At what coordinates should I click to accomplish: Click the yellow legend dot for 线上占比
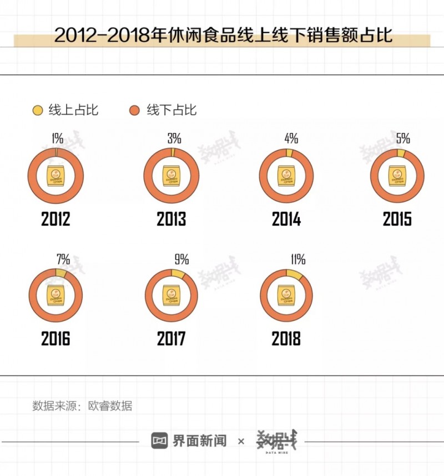click(38, 110)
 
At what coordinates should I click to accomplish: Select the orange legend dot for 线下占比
click(134, 110)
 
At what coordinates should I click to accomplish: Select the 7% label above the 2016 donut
click(63, 259)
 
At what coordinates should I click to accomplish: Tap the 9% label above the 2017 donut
click(181, 259)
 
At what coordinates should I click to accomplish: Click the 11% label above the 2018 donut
click(297, 259)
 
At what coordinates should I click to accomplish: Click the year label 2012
click(56, 219)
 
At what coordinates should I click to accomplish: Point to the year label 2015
click(397, 219)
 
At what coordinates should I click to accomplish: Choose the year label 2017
click(171, 339)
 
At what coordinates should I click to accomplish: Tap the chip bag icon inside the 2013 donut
click(171, 176)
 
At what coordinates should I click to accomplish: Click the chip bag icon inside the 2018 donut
click(286, 295)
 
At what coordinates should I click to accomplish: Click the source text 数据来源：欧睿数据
click(82, 406)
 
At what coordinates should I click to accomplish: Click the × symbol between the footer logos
click(241, 441)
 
